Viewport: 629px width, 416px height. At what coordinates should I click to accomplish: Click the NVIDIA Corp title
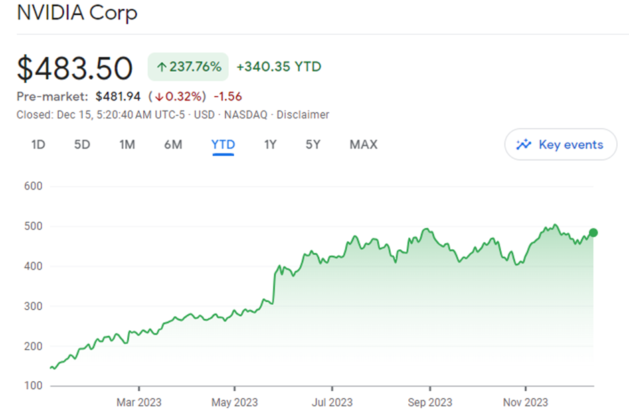point(77,13)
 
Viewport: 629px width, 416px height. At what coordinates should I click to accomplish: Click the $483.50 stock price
point(75,68)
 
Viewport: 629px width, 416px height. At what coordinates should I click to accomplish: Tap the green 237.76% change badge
point(188,67)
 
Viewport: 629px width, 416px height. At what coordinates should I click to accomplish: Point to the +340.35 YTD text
point(279,67)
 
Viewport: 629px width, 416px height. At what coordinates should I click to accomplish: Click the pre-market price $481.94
point(118,96)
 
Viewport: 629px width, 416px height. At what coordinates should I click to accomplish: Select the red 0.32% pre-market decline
point(177,96)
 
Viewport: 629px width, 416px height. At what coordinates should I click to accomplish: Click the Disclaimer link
point(304,115)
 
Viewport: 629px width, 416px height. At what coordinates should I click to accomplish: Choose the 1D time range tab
point(38,144)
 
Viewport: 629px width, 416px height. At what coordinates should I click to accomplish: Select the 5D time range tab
point(82,144)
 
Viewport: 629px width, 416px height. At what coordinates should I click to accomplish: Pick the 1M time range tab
point(127,144)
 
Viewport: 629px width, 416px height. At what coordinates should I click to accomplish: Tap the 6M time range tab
point(173,144)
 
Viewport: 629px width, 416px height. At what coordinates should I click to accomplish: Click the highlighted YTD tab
point(223,144)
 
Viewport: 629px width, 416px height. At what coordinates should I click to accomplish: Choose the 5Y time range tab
point(313,144)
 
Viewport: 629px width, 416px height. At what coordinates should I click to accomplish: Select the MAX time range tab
point(363,144)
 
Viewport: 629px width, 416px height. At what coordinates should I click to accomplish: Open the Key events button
point(561,145)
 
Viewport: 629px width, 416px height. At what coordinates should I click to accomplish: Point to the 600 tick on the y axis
point(33,186)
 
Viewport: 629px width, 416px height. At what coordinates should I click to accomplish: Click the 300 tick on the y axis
point(33,306)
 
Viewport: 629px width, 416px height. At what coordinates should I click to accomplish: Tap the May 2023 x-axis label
point(235,402)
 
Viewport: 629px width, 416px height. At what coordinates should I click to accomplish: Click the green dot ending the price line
point(593,232)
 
